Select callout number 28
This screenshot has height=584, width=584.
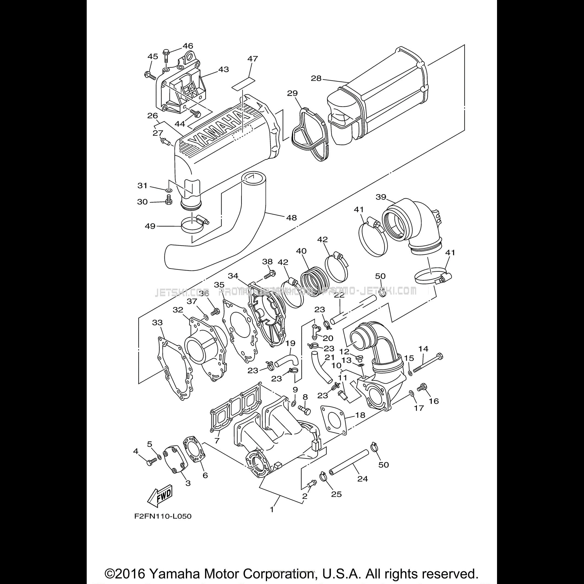tap(316, 78)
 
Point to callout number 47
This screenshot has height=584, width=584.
tap(252, 58)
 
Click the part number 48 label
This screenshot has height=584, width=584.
tap(291, 217)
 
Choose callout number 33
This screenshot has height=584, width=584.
tap(157, 322)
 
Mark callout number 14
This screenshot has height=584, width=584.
tap(423, 348)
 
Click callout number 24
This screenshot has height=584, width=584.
tap(362, 478)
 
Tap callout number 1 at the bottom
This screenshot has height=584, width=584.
tap(272, 509)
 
